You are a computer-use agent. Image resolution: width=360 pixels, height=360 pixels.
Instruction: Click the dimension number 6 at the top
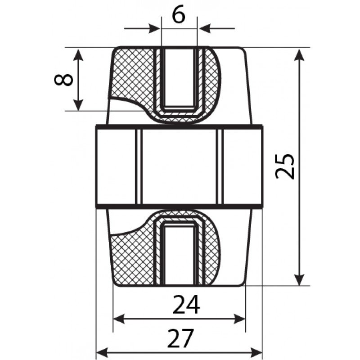[178, 16]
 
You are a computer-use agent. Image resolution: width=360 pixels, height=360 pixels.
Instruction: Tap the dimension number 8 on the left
[63, 80]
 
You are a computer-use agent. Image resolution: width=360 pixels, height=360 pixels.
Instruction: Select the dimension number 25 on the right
[284, 166]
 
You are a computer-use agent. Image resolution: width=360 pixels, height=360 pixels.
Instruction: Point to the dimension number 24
[186, 305]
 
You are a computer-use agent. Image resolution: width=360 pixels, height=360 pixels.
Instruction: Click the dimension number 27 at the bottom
[181, 338]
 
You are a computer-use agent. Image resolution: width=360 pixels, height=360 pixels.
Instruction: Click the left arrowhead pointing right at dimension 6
[154, 28]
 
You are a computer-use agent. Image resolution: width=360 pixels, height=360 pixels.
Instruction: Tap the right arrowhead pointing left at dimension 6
[205, 28]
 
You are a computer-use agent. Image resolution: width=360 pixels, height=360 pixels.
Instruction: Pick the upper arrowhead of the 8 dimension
[78, 54]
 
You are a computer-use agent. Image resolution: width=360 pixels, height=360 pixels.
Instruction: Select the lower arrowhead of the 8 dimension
[78, 105]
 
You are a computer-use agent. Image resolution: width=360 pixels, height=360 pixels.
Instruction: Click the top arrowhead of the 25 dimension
[299, 54]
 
